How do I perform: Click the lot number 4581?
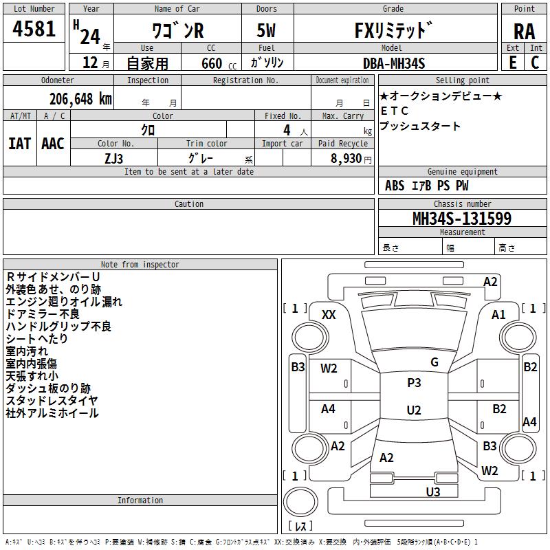click(x=34, y=29)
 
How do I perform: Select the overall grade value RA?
click(x=524, y=31)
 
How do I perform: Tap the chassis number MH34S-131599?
click(x=461, y=219)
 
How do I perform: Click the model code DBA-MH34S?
click(x=394, y=63)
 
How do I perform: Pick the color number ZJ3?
click(x=113, y=159)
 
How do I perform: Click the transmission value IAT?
click(x=19, y=143)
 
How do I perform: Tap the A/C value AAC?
click(x=53, y=143)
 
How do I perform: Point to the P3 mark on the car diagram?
click(x=414, y=383)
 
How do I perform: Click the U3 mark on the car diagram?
click(x=432, y=492)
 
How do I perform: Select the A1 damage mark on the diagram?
click(x=498, y=314)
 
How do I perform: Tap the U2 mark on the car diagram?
click(x=414, y=410)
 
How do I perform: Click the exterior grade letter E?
click(x=513, y=63)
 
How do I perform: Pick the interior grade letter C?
click(x=536, y=63)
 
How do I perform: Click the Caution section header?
click(x=189, y=204)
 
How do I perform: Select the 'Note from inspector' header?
click(x=140, y=265)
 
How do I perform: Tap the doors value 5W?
click(x=266, y=31)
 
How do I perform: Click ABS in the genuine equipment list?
click(x=395, y=186)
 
